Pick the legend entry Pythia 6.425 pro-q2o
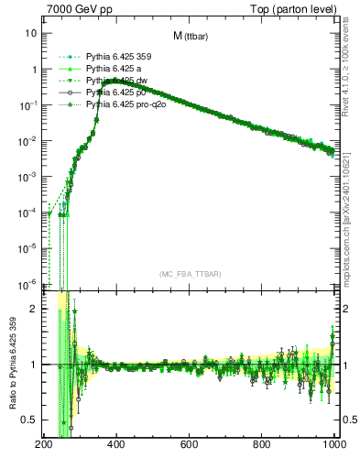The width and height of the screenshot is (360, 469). coord(122,105)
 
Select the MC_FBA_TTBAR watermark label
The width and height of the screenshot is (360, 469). coord(190,275)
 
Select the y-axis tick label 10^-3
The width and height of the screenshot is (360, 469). coord(28,177)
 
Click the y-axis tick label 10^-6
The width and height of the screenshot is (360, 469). coord(28,283)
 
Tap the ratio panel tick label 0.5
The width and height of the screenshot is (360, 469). coord(28,420)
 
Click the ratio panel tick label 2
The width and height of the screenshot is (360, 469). coord(33,309)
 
